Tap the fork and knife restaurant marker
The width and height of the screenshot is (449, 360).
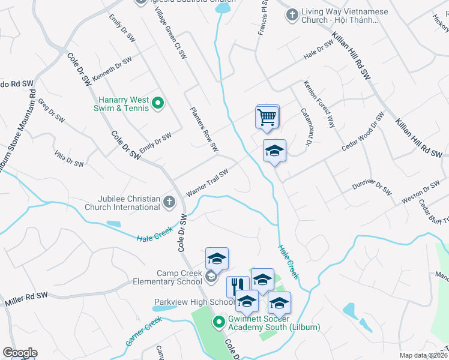tap(238, 286)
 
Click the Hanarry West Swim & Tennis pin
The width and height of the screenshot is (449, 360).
tap(158, 104)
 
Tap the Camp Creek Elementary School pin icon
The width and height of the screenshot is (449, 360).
tap(211, 277)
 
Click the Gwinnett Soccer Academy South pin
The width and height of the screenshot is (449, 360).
tap(220, 322)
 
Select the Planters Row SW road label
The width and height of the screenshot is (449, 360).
tap(204, 130)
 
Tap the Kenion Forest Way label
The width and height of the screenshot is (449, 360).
tap(319, 104)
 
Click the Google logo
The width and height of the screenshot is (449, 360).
tap(20, 353)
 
